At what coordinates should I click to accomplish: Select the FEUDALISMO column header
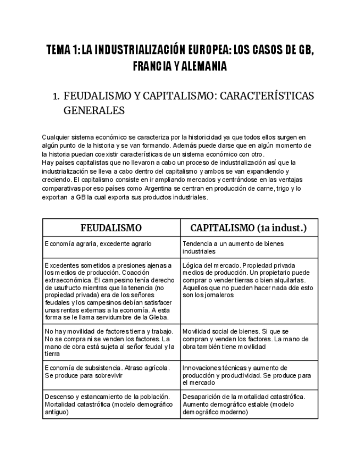(x=111, y=228)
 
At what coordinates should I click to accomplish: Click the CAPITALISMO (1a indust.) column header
(x=248, y=228)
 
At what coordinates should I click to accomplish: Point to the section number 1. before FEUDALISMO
(x=56, y=96)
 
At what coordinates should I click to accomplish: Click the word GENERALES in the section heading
(x=94, y=110)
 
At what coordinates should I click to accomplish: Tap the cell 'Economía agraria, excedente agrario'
(x=98, y=243)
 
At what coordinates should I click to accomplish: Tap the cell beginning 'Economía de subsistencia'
(x=108, y=371)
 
